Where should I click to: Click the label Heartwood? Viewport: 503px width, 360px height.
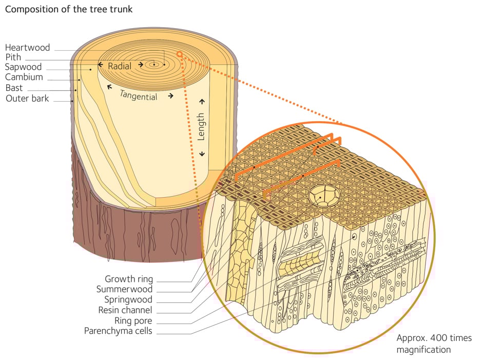pos(28,48)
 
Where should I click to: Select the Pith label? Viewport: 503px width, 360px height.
pos(13,58)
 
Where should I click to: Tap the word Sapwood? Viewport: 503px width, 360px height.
pos(24,67)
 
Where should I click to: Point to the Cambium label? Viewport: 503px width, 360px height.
pos(24,78)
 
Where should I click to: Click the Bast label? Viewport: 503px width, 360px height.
pos(14,88)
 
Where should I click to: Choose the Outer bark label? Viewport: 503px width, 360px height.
pos(27,98)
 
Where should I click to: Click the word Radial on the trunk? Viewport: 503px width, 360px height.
pos(120,66)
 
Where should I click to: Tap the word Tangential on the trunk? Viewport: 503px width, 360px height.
pos(139,94)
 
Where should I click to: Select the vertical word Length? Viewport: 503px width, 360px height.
pos(201,127)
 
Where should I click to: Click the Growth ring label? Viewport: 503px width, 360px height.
pos(129,279)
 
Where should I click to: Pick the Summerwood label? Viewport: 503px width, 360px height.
pos(125,290)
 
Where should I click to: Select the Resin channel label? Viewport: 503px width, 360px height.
pos(125,310)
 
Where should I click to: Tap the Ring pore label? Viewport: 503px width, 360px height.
pos(132,321)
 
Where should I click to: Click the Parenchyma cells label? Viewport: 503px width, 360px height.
pos(119,331)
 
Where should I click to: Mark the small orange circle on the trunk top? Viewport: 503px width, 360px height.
pos(179,54)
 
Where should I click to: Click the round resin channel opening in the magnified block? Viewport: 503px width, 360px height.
pos(321,197)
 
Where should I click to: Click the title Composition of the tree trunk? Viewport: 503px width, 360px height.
pos(69,10)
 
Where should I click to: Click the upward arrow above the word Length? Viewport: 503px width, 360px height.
pos(202,101)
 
